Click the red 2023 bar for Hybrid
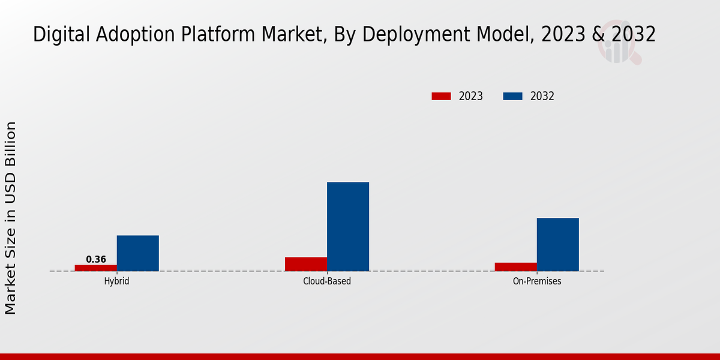[95, 268]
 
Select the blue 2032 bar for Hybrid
[137, 253]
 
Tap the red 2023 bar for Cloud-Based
[306, 264]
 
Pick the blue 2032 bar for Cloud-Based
[348, 226]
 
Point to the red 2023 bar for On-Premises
[516, 266]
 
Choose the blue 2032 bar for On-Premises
[558, 244]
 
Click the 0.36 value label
[96, 260]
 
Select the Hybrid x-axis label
[116, 281]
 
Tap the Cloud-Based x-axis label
[327, 281]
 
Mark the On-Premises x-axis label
[537, 281]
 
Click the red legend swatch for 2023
[441, 96]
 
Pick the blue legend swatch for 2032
[512, 96]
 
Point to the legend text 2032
[542, 96]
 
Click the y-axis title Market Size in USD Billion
[11, 217]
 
